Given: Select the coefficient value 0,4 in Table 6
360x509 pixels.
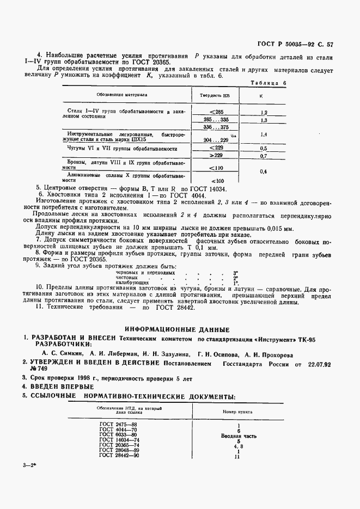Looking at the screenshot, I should point(264,171).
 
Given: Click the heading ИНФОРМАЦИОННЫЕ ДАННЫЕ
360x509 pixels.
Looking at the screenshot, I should point(177,329).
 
